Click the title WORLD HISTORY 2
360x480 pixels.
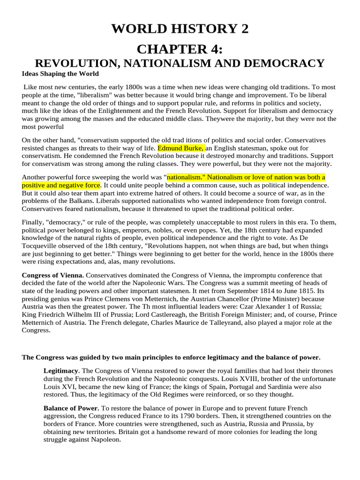click(180, 30)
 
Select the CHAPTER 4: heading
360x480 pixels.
click(180, 50)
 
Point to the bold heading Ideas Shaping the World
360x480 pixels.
click(60, 74)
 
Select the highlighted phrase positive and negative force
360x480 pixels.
click(61, 185)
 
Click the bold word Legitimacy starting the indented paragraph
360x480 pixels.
click(61, 371)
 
